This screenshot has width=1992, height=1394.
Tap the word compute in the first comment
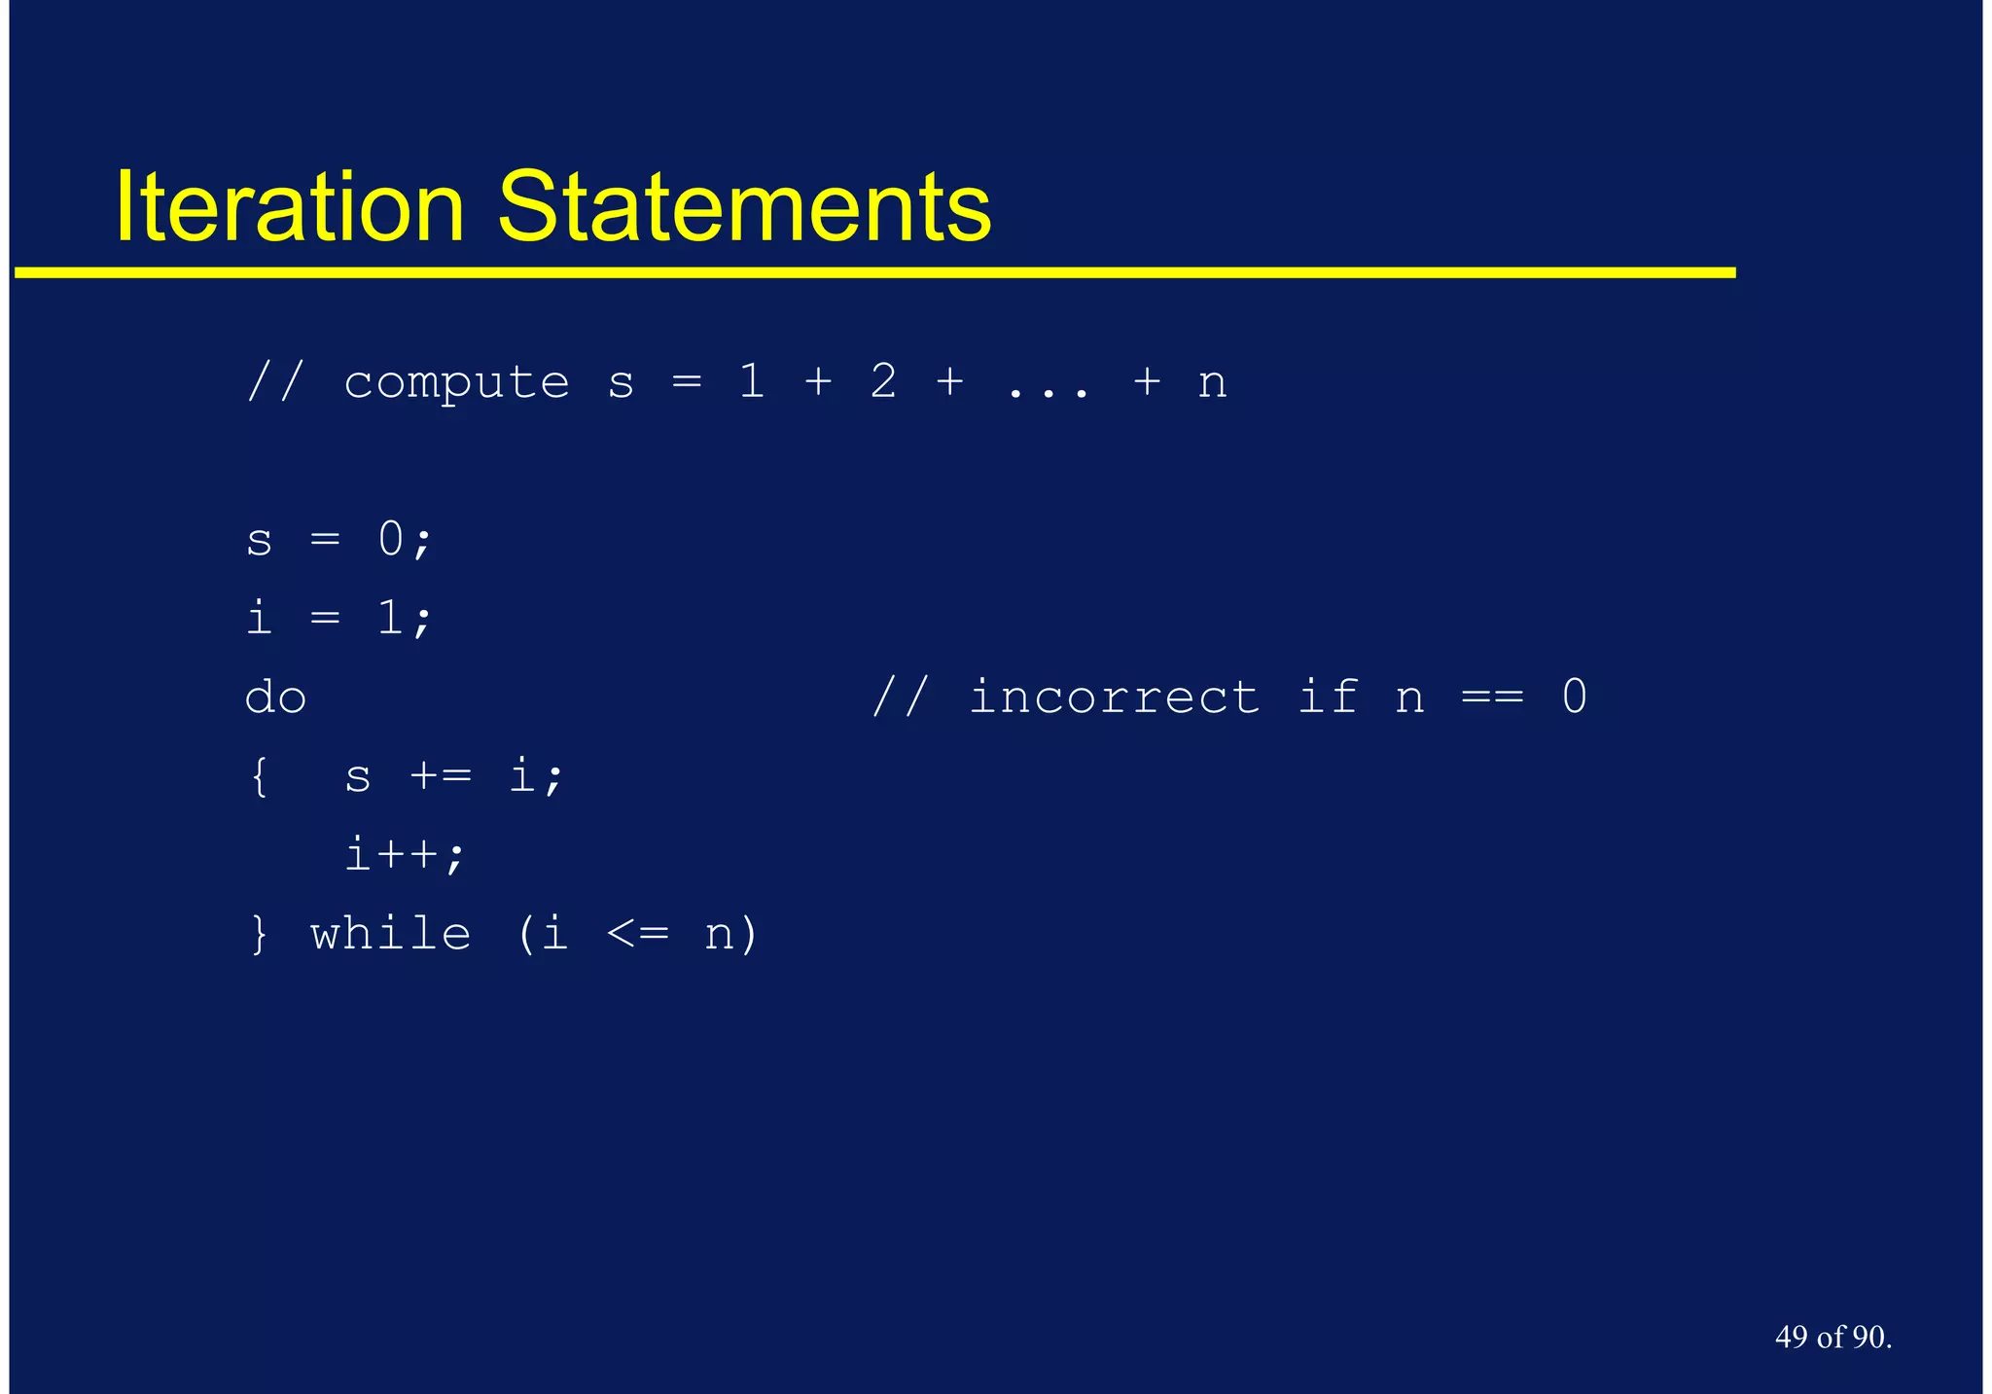(456, 382)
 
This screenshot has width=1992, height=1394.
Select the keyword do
(275, 697)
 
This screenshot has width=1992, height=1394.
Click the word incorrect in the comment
(1115, 697)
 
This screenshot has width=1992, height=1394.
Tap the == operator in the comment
(1492, 697)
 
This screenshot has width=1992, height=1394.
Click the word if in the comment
(1329, 697)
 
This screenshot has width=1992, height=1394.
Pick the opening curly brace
(259, 776)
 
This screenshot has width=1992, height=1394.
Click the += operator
(441, 776)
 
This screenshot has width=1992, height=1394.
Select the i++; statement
(406, 855)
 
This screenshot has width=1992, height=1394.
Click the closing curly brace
(259, 934)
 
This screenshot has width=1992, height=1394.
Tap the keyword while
(391, 934)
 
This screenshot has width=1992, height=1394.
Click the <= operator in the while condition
(638, 934)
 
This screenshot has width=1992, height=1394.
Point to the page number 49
(1791, 1337)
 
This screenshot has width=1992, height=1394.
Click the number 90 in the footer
(1867, 1337)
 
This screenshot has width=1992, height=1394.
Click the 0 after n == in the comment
(1575, 697)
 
